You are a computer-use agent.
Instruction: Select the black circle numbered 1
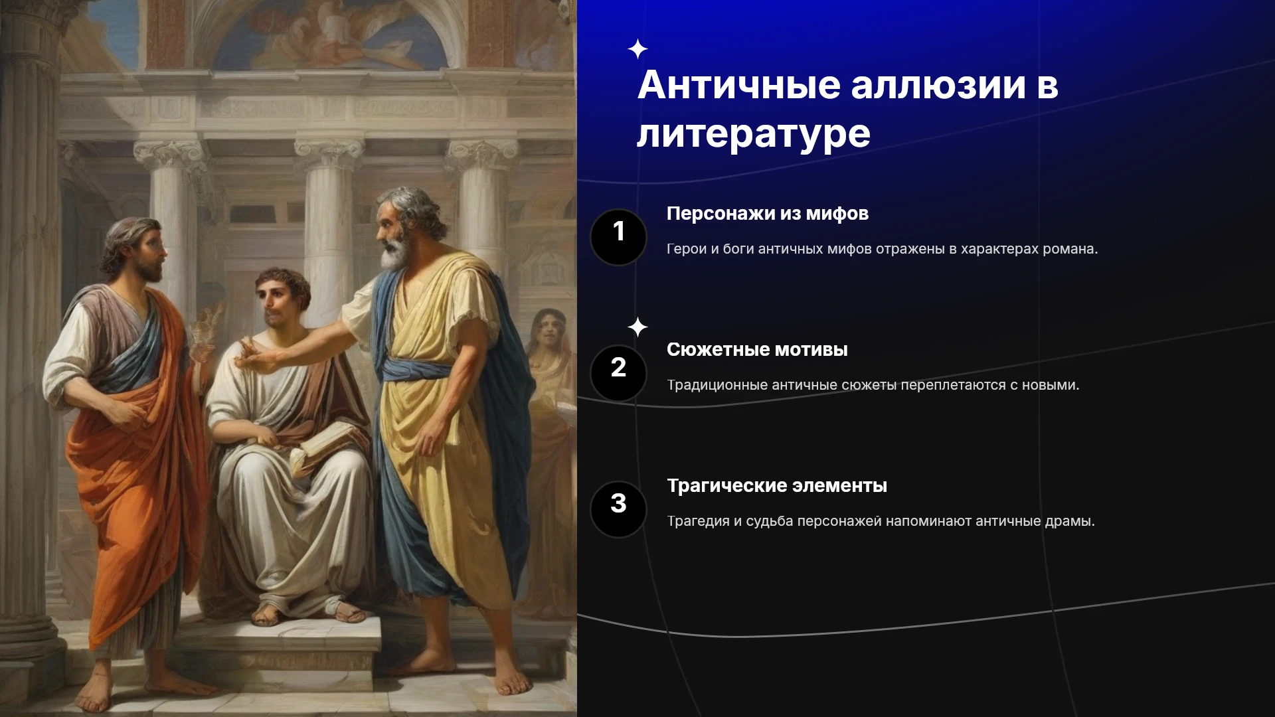coord(618,237)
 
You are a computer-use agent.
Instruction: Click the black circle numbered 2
coord(618,373)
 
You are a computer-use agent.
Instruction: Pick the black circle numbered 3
coord(618,509)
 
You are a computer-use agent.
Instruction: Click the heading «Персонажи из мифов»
coord(768,214)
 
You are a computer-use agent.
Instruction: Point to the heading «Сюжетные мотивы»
coord(757,350)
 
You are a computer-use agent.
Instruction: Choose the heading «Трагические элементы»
coord(777,486)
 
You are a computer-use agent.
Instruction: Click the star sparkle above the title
coord(637,49)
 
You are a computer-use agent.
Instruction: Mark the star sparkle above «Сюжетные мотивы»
coord(637,327)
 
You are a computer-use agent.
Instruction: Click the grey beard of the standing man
coord(396,252)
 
